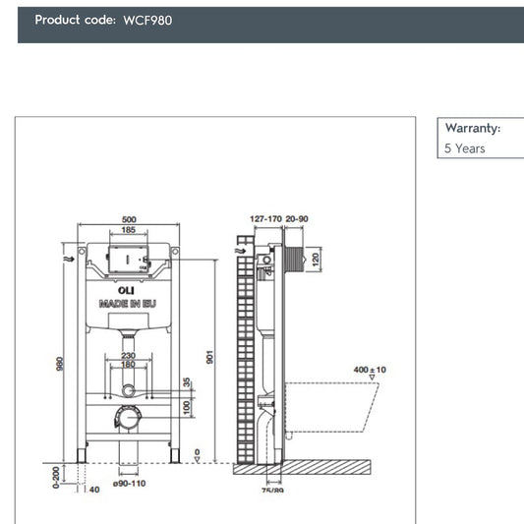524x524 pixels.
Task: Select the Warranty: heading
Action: click(472, 128)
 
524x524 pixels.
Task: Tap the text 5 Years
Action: click(465, 149)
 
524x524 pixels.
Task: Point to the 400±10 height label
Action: click(369, 370)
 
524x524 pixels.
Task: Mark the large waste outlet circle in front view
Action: click(125, 417)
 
